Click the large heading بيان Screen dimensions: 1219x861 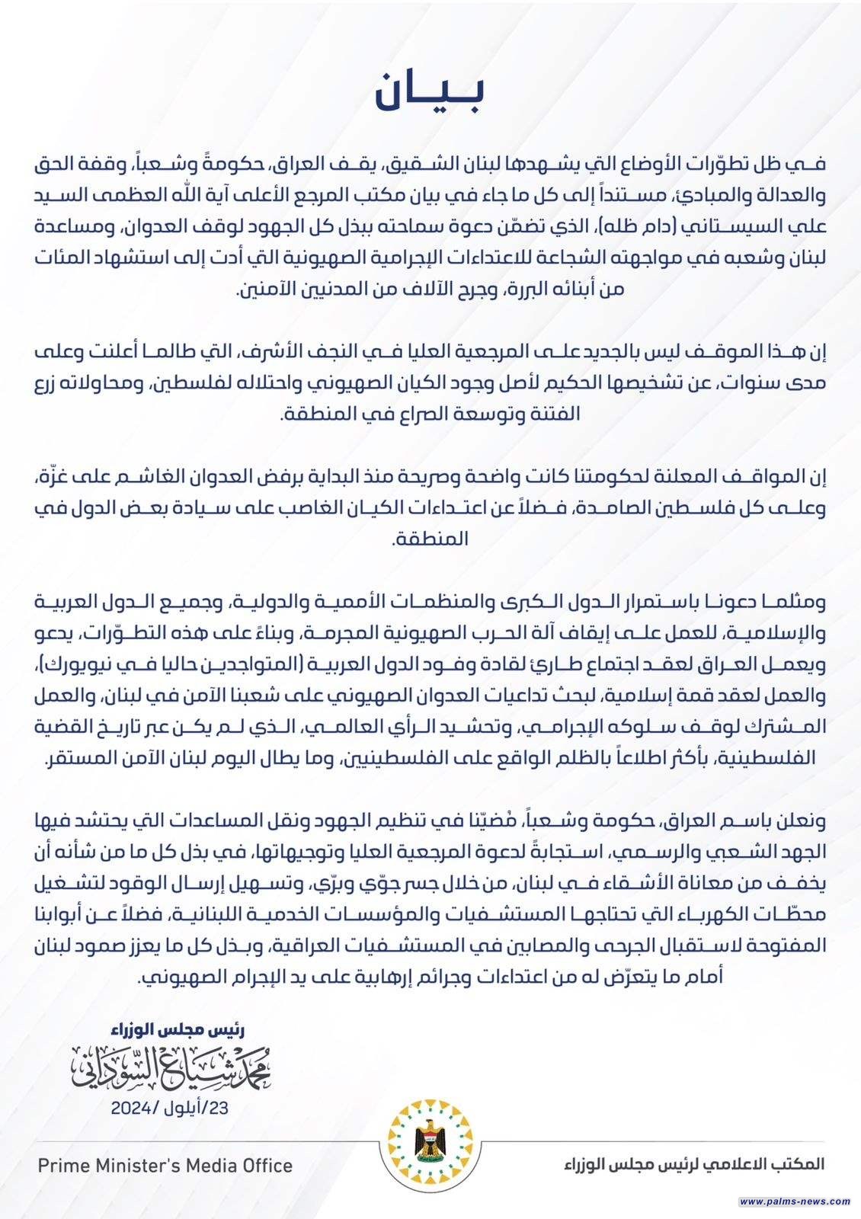tap(431, 93)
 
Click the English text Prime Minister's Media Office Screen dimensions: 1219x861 tap(165, 1165)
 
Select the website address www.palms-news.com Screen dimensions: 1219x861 tap(795, 1201)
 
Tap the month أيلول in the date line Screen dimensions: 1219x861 tap(187, 1108)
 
